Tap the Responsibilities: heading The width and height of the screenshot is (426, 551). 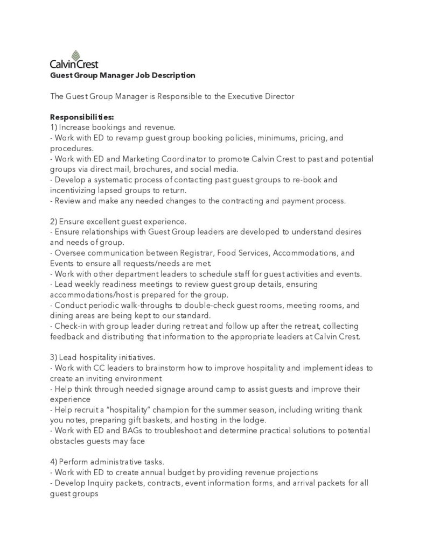click(x=82, y=117)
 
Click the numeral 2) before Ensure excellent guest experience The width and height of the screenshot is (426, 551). click(x=53, y=222)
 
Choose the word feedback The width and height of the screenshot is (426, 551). click(x=68, y=336)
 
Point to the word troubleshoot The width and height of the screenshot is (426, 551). click(x=183, y=430)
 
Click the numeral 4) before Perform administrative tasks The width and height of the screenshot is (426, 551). click(x=53, y=462)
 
